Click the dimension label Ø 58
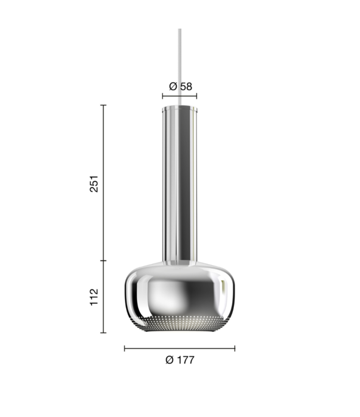pos(180,86)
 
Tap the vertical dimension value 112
pos(93,297)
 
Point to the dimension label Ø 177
pos(180,360)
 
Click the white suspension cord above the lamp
pos(180,66)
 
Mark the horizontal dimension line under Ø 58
pos(180,95)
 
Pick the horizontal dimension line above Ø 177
pos(180,348)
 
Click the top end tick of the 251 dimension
pos(104,105)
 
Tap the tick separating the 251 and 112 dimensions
pos(104,261)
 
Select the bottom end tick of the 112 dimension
pos(104,332)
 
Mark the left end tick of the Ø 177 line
pos(124,348)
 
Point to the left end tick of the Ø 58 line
pos(162,95)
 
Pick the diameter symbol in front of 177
pos(170,360)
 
